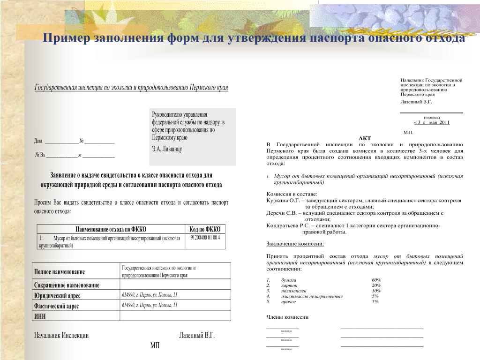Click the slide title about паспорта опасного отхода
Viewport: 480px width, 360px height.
(254, 38)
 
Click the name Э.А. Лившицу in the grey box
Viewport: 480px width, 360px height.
(166, 149)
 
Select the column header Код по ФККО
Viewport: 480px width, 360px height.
(204, 229)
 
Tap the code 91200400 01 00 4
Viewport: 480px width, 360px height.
(205, 238)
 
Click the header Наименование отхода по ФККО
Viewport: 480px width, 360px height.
(111, 229)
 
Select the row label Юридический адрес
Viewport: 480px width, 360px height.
(57, 295)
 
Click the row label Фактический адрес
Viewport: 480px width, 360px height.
(56, 306)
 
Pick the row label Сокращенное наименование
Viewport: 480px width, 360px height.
(67, 285)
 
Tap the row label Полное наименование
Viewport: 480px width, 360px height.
(60, 272)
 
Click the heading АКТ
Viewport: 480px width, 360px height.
(364, 138)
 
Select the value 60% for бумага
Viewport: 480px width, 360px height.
(376, 280)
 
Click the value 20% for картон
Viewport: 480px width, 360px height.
(376, 285)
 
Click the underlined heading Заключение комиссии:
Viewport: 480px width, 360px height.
(295, 244)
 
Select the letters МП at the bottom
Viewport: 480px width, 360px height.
(155, 345)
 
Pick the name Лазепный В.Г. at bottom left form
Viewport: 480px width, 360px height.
(196, 336)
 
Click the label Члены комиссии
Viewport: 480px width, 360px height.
(287, 317)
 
